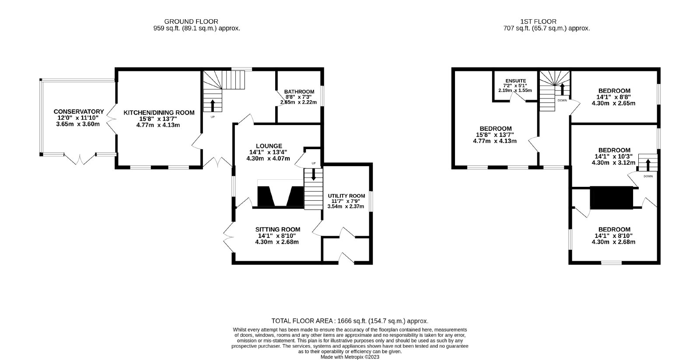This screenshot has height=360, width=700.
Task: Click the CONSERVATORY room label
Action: [78, 112]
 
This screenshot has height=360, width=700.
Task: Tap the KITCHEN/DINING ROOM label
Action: [159, 112]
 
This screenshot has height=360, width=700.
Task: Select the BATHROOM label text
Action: [299, 92]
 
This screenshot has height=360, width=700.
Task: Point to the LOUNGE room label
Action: [269, 146]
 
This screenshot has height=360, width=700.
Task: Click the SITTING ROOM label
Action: [277, 229]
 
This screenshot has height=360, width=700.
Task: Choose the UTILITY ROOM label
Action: [346, 196]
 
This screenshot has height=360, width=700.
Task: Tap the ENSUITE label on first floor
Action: [516, 81]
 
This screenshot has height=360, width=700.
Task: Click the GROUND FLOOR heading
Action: [191, 21]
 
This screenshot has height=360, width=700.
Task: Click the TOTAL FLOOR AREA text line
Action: [350, 321]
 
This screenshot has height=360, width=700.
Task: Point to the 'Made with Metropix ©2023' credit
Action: [350, 357]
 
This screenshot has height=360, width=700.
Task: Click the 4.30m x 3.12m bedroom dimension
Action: [613, 163]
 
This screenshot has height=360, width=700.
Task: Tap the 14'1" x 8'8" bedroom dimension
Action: [613, 97]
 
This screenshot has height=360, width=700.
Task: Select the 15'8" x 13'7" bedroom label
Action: [495, 135]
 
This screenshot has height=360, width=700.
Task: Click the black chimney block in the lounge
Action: [280, 196]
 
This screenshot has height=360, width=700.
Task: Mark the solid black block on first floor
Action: [611, 198]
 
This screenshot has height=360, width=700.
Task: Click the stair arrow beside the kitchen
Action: [213, 105]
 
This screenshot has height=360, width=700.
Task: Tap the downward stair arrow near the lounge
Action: [313, 175]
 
